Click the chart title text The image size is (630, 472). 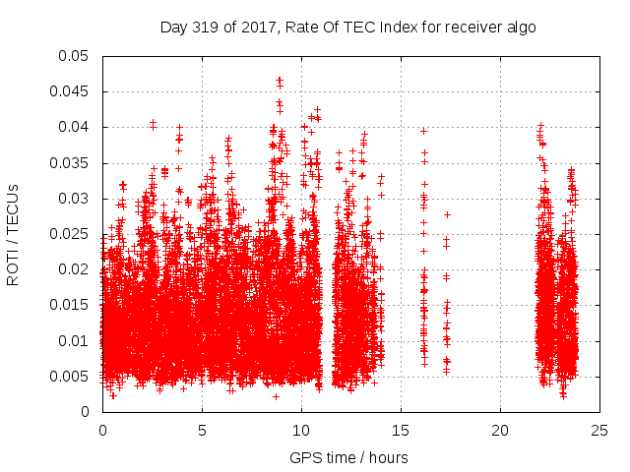(x=348, y=28)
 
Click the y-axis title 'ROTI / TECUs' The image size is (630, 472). (x=14, y=234)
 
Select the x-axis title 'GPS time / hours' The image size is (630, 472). (x=348, y=457)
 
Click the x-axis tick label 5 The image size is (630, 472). (x=202, y=430)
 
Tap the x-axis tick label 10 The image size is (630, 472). (x=301, y=430)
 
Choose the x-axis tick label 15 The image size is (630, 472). (x=401, y=430)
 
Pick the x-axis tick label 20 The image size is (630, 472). (x=500, y=430)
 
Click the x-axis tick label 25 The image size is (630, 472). (x=599, y=430)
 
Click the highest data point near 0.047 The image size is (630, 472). (x=280, y=80)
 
